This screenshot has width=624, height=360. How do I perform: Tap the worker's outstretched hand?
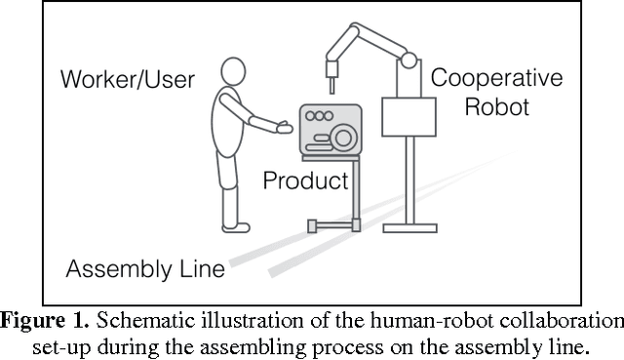click(284, 126)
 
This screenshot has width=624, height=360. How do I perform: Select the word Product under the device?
click(305, 180)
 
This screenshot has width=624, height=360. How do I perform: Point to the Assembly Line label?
click(145, 267)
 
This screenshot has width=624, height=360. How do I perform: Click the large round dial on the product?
click(343, 136)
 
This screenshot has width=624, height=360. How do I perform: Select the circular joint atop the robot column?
click(408, 59)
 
